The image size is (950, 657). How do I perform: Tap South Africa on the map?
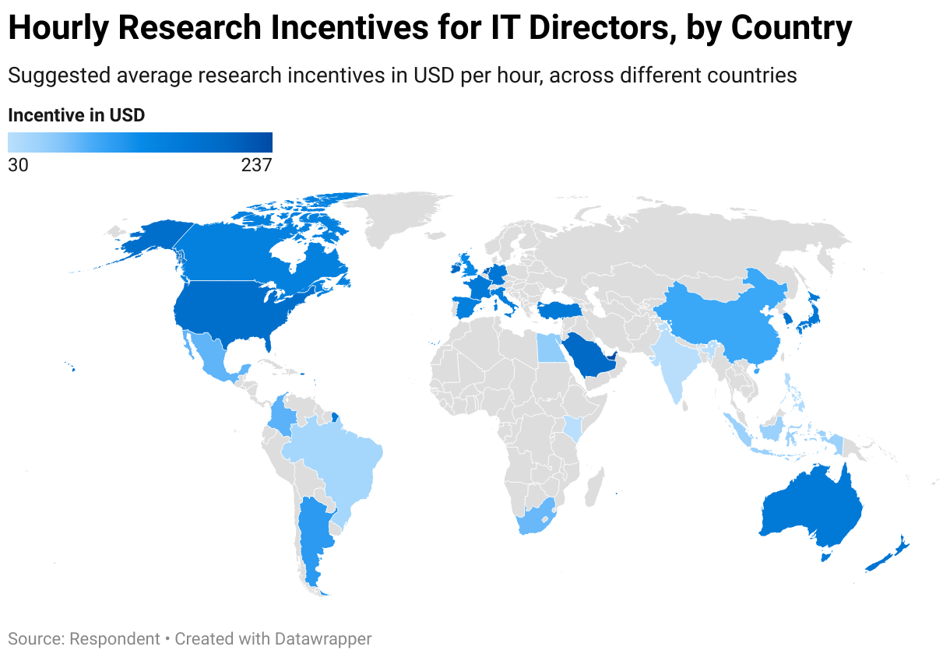click(x=536, y=517)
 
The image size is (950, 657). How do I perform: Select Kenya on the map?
click(x=573, y=427)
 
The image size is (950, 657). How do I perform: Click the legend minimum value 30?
click(x=17, y=165)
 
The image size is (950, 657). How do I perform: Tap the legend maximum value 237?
click(x=256, y=165)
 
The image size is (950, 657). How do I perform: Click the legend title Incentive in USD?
click(x=76, y=116)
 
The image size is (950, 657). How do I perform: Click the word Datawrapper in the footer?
click(x=322, y=639)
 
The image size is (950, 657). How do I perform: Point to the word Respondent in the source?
click(x=114, y=639)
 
